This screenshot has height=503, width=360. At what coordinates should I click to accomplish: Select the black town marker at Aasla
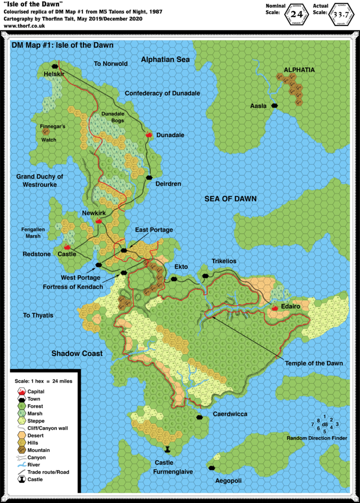[275, 106]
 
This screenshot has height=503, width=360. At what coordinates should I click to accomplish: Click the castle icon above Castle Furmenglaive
[168, 449]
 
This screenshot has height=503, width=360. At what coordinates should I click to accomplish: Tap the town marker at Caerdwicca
[199, 417]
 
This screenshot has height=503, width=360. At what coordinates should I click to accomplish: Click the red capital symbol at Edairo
[275, 308]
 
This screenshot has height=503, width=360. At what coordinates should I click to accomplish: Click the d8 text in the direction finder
[325, 424]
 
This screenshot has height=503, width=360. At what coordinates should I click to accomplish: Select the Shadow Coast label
[77, 353]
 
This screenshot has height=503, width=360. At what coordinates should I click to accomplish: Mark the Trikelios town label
[224, 261]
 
